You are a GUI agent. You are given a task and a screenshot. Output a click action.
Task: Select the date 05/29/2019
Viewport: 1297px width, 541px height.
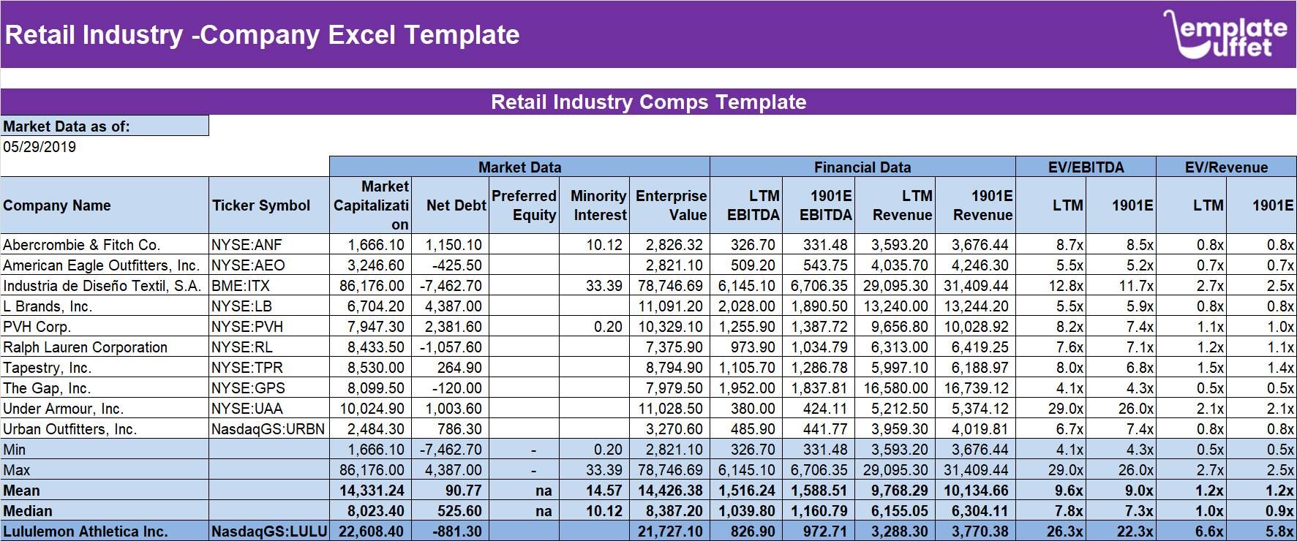(x=40, y=147)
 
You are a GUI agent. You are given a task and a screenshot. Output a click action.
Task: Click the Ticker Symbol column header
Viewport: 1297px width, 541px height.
(x=261, y=205)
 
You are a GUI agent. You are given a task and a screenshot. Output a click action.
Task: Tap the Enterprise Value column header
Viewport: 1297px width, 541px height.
(x=671, y=205)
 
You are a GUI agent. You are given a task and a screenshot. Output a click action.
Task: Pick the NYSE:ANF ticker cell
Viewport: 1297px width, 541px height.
(x=247, y=245)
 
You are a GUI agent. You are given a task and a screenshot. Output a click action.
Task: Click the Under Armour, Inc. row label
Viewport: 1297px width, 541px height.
(x=63, y=409)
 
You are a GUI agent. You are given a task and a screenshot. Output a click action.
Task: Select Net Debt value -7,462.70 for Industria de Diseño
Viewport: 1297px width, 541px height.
(x=451, y=286)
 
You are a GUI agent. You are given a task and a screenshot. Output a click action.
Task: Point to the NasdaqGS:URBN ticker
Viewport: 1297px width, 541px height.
(x=268, y=429)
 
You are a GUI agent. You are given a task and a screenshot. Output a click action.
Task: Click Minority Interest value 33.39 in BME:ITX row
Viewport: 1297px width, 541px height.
(x=604, y=286)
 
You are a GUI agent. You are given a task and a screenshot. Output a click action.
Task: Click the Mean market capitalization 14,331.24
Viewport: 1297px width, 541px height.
(x=372, y=491)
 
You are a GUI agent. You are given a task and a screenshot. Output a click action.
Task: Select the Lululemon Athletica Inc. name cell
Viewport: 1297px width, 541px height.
(x=86, y=531)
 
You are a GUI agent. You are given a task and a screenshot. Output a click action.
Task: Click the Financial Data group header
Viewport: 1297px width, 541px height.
(x=862, y=167)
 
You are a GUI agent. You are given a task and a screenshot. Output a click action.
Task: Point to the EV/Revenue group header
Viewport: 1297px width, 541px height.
(x=1226, y=167)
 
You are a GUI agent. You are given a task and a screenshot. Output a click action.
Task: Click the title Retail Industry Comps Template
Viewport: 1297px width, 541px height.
(x=648, y=102)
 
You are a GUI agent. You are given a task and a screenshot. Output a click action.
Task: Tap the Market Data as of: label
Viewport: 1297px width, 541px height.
(x=67, y=126)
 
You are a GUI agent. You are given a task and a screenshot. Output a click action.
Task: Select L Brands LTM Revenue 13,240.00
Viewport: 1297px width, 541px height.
(x=899, y=306)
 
